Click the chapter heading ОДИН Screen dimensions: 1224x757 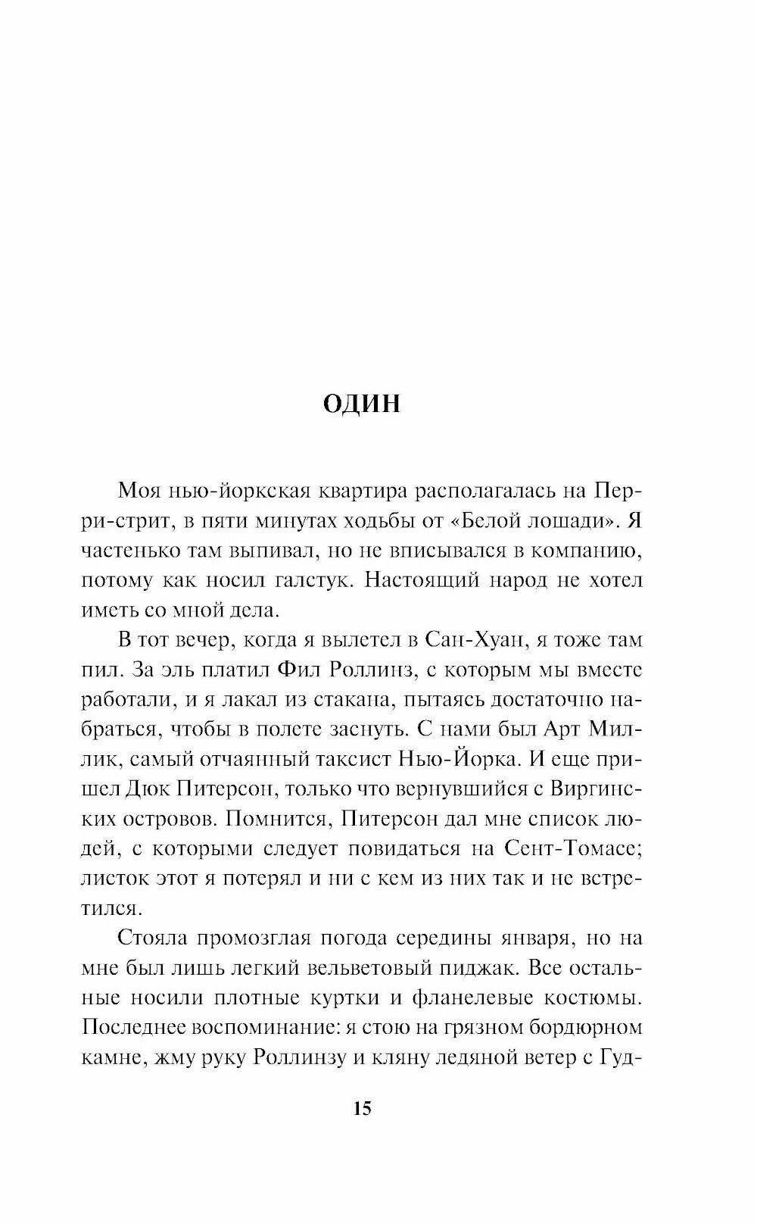coord(361,404)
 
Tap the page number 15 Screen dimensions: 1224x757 coord(361,1109)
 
